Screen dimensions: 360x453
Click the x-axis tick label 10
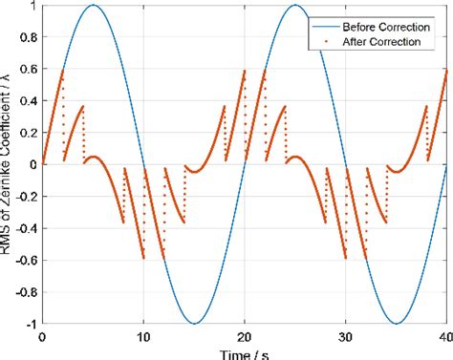point(143,338)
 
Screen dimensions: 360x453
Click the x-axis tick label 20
point(245,338)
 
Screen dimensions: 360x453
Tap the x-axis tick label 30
point(345,338)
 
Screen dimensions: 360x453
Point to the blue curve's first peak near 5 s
point(93,6)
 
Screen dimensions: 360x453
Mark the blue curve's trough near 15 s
point(194,322)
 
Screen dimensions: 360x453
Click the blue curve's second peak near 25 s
point(294,6)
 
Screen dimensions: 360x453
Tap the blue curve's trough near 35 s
point(396,322)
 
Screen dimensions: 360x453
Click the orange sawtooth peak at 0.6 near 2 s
point(63,70)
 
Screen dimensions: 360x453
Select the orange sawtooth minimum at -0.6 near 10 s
point(143,258)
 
